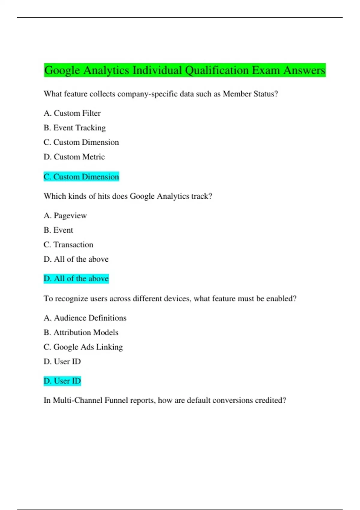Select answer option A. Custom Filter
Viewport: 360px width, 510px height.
(72, 113)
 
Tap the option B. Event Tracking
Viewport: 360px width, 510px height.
(75, 128)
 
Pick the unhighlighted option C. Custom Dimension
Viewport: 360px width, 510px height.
(81, 142)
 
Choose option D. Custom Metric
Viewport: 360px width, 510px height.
(74, 157)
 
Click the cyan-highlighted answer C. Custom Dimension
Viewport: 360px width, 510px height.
(81, 177)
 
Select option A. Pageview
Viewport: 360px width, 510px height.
(65, 216)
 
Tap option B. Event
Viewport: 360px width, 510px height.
(58, 230)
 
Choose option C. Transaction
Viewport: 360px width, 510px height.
(68, 245)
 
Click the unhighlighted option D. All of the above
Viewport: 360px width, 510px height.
(76, 259)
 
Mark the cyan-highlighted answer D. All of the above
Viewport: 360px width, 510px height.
(76, 279)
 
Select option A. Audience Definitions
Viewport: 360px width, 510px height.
(85, 318)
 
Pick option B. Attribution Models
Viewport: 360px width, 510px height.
(81, 332)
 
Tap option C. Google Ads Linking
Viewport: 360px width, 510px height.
(83, 347)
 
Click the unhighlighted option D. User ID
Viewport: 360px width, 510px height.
(62, 361)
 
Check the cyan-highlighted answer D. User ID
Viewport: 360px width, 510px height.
(62, 381)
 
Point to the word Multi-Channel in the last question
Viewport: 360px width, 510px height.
(77, 400)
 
